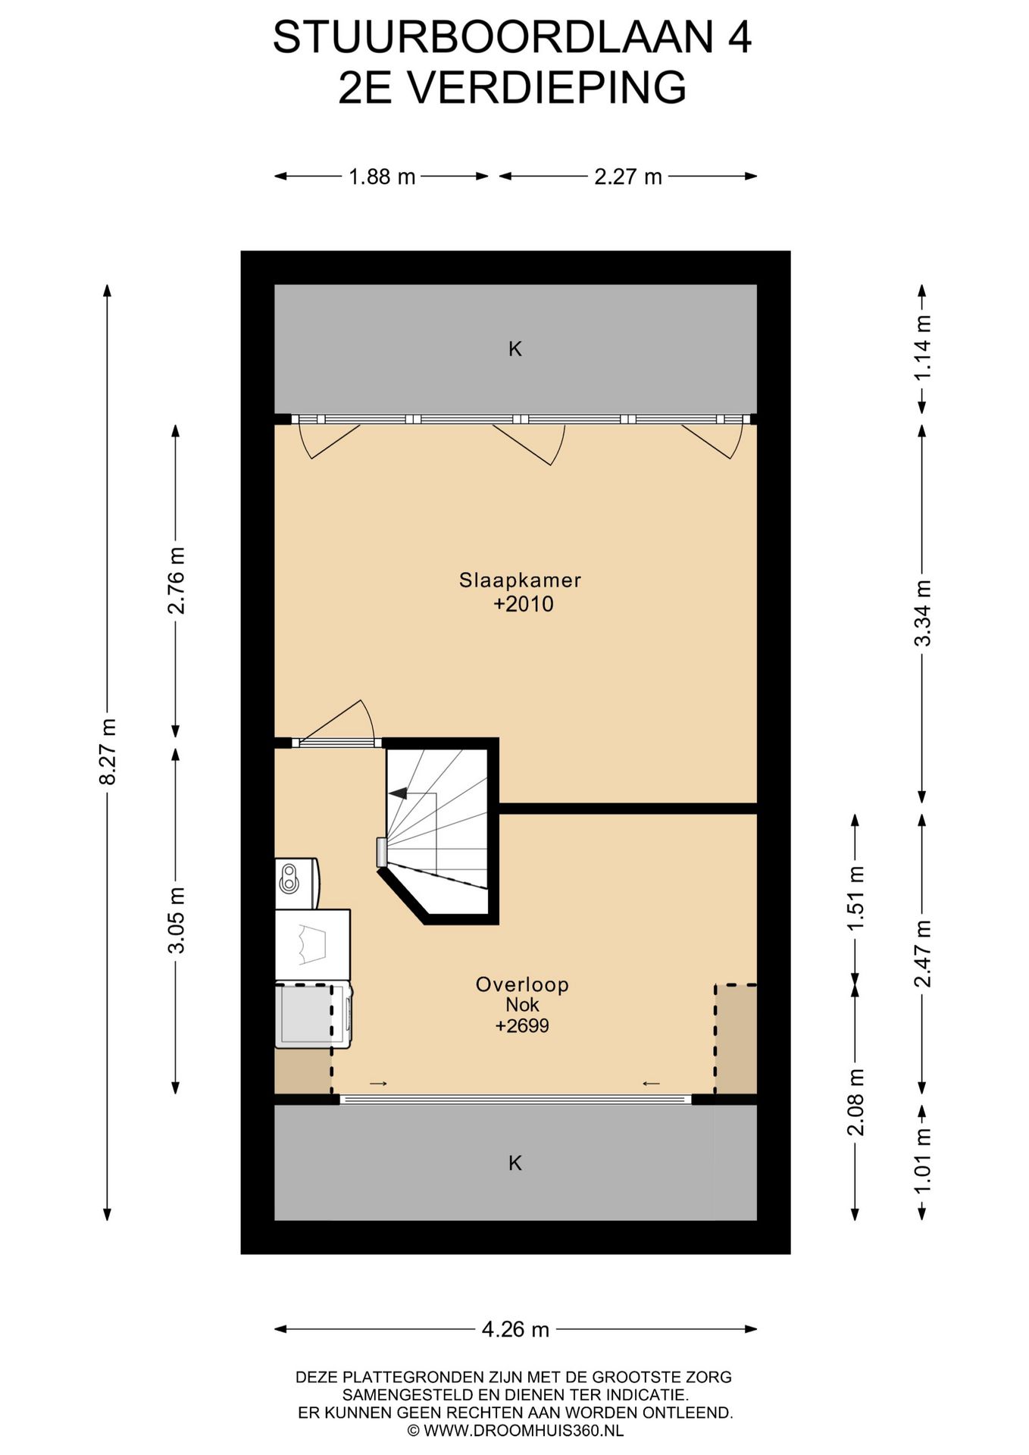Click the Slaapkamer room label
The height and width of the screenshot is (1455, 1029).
coord(520,580)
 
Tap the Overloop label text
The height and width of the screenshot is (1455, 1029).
coord(522,984)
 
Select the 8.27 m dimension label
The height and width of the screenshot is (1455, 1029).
coord(108,752)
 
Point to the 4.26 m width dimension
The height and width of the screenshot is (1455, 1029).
coord(515,1328)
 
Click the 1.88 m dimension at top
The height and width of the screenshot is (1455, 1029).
coord(382,177)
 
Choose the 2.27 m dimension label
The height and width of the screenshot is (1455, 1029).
coord(628,177)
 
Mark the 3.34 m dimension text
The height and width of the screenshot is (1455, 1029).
coord(922,613)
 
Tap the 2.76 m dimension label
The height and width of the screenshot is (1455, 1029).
coord(176,580)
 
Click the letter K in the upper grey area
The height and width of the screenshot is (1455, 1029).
coord(515,349)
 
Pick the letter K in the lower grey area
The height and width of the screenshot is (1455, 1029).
coord(515,1162)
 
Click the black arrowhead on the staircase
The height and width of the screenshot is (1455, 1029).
coord(398,793)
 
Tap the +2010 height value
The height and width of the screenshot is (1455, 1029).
coord(523,604)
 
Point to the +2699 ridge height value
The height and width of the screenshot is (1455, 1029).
coord(522,1026)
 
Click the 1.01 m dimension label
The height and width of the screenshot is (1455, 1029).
coord(922,1162)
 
